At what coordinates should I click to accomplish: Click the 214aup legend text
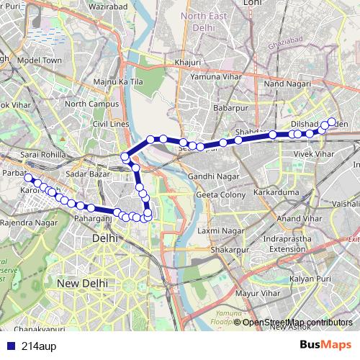click(37, 344)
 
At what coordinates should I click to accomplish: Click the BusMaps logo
click(325, 343)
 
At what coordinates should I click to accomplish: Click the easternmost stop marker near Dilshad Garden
click(332, 122)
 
